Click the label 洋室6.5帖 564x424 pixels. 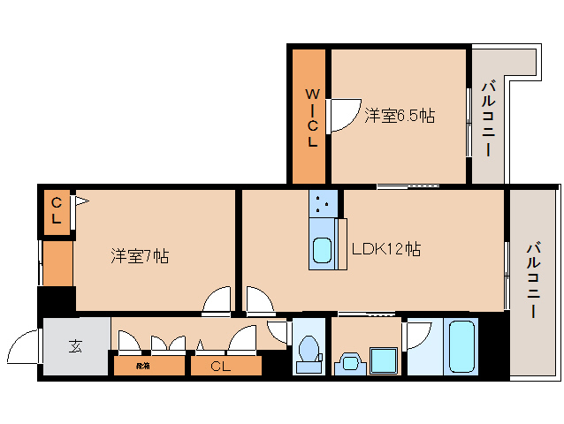pos(399,116)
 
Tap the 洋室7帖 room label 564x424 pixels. pos(140,256)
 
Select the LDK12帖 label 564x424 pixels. pos(385,249)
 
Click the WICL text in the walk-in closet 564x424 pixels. pos(312,117)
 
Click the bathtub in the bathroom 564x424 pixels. pos(461,346)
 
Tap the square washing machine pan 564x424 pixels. pos(383,360)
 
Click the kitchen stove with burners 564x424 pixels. pos(322,205)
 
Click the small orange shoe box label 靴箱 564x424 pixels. pos(143,365)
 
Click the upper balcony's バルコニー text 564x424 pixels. pos(488,118)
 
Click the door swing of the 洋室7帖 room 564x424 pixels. pos(217,302)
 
